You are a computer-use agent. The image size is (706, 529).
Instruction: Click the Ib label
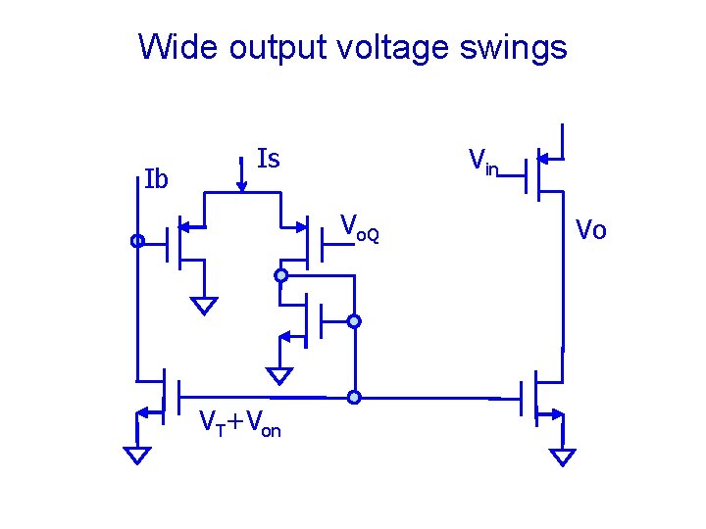[x=156, y=179]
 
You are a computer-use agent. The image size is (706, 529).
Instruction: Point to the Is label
[x=268, y=158]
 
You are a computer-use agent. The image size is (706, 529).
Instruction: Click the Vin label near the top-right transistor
[x=483, y=161]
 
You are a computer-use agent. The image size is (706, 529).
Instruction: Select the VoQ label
[x=359, y=228]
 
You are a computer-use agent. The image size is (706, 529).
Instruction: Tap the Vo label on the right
[x=590, y=230]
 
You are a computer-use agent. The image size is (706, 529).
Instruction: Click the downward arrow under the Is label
[x=242, y=175]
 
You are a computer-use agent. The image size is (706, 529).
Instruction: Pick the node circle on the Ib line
[x=137, y=241]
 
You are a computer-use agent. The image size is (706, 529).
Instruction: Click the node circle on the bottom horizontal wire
[x=354, y=398]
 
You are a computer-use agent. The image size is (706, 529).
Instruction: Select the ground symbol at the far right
[x=563, y=457]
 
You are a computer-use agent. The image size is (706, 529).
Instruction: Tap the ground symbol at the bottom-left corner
[x=137, y=454]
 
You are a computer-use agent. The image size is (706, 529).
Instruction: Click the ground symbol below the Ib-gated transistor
[x=204, y=305]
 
